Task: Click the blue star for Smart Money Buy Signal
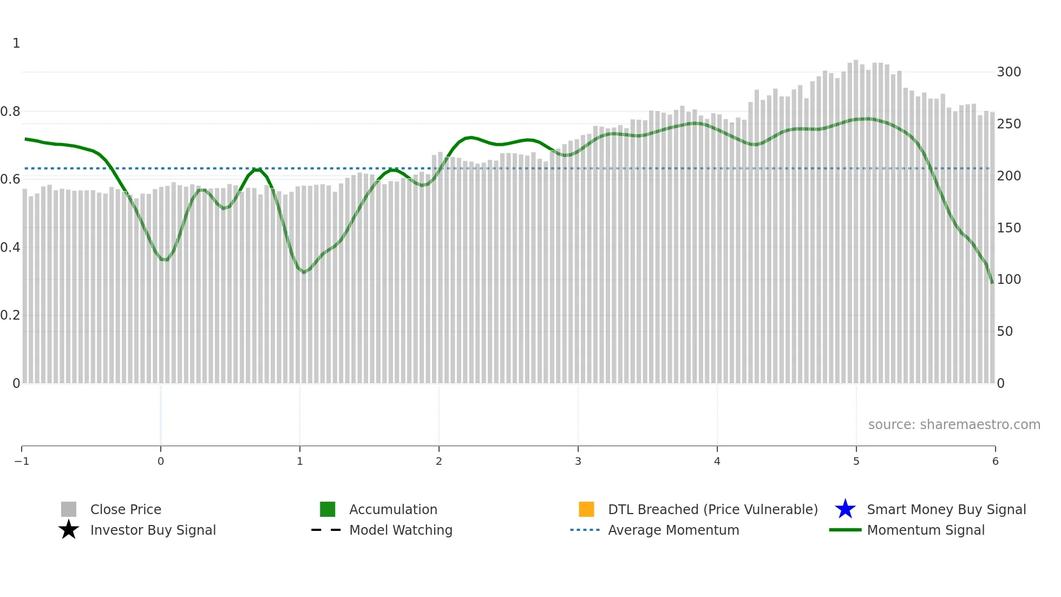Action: pos(845,509)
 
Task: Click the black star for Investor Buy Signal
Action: pos(69,530)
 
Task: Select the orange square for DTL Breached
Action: pos(586,509)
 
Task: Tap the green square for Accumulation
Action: pos(328,509)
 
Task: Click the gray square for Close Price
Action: pos(69,509)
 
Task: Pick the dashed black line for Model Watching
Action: pos(326,530)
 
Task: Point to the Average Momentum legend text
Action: pos(673,530)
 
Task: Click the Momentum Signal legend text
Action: pos(925,530)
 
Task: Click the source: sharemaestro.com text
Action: pos(954,424)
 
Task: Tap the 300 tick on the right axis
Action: pos(1008,72)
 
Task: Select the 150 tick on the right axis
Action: pos(1008,228)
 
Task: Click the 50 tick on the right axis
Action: pos(1005,332)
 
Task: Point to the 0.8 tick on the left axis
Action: pos(10,112)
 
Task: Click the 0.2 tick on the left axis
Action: pos(10,315)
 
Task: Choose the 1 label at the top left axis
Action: pos(16,43)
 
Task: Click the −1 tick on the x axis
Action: pos(22,461)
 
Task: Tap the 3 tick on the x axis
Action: pos(578,461)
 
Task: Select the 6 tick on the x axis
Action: pos(995,461)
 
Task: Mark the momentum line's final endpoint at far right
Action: pos(992,282)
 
